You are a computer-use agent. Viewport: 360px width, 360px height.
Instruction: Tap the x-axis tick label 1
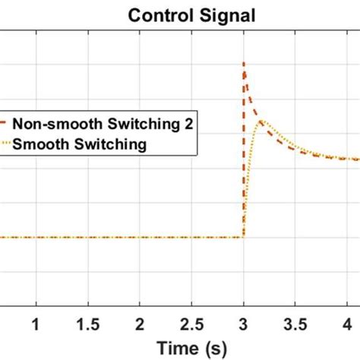pos(34,324)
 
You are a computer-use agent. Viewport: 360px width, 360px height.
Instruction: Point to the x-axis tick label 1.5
pos(87,324)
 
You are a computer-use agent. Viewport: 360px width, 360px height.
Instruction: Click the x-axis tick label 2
pos(139,324)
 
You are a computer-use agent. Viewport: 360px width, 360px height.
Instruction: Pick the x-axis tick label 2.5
pos(191,324)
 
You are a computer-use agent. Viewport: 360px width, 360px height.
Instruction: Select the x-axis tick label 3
pos(244,324)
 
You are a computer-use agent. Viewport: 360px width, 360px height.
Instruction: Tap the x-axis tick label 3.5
pos(296,324)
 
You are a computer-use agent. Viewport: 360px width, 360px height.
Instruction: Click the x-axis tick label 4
pos(349,324)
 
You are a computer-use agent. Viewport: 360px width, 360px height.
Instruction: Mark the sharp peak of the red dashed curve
pos(244,63)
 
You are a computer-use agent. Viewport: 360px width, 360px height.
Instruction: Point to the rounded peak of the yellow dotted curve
pos(260,122)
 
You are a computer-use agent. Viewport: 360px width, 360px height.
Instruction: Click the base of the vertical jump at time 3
pos(243,237)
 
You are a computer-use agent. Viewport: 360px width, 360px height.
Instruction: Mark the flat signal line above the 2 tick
pos(139,237)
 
